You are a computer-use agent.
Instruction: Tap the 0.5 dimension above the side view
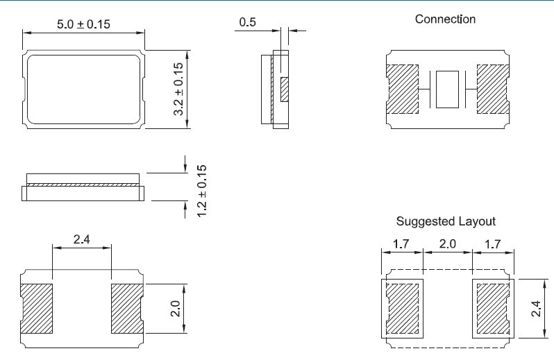pos(247,23)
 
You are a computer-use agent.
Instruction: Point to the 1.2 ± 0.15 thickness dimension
pos(202,191)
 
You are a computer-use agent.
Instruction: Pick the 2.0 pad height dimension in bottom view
pos(175,308)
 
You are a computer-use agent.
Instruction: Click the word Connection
pos(445,19)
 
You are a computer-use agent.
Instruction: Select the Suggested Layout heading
pos(446,222)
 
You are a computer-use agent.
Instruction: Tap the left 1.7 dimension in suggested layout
pos(401,244)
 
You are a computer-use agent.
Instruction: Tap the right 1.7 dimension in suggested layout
pos(493,244)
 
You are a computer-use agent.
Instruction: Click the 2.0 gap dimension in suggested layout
pos(447,244)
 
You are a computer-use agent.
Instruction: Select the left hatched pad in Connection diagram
pos(402,89)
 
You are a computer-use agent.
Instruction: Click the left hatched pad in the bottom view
pos(36,307)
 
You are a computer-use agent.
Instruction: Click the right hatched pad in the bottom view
pos(128,307)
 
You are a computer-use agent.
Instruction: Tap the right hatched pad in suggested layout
pos(492,308)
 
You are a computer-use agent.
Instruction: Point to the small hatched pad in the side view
pos(285,89)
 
